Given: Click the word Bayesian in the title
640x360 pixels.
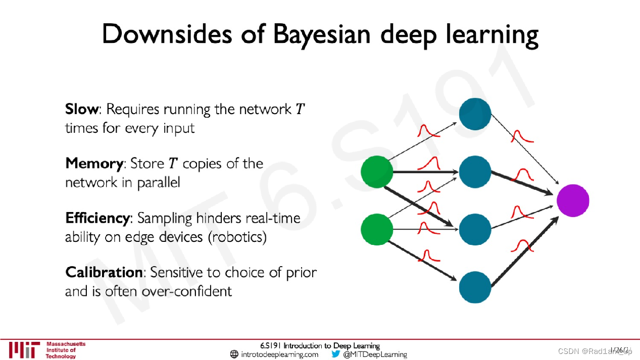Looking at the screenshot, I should [x=323, y=34].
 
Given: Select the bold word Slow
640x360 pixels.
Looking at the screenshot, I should [x=82, y=109].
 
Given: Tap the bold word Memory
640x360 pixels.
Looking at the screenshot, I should [x=94, y=164].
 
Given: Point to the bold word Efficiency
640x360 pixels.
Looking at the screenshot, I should [x=97, y=218].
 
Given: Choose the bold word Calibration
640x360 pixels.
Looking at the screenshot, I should [x=104, y=273].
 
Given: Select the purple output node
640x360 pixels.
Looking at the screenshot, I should [x=573, y=200].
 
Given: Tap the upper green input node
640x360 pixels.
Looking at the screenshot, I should [x=377, y=172].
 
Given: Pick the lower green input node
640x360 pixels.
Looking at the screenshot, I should [x=377, y=230].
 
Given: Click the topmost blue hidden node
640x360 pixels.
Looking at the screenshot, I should [x=475, y=114].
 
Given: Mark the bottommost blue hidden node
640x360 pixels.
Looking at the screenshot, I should [x=475, y=287].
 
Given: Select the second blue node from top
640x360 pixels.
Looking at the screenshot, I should [x=475, y=172].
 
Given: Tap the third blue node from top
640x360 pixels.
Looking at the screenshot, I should [x=475, y=229].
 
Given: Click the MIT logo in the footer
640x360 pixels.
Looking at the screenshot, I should [x=24, y=350].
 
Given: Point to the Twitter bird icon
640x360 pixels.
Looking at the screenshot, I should [x=335, y=354].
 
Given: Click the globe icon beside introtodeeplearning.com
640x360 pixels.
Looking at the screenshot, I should [x=234, y=354].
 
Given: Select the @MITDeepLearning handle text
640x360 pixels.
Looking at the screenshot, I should [x=375, y=354].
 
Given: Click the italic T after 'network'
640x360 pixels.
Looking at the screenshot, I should [x=300, y=109].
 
